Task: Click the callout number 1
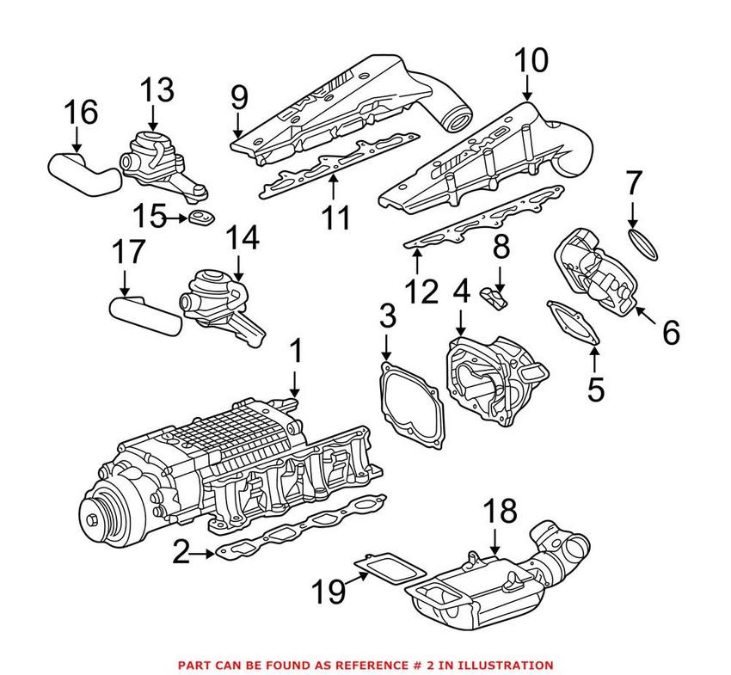click(295, 352)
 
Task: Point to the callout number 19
click(329, 591)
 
